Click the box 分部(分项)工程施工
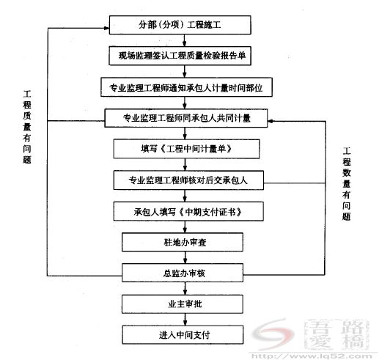pyautogui.click(x=180, y=25)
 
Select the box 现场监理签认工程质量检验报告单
pyautogui.click(x=180, y=56)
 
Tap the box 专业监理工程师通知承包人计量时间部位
pyautogui.click(x=186, y=87)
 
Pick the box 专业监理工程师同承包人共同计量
pyautogui.click(x=186, y=118)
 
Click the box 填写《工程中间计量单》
pyautogui.click(x=186, y=149)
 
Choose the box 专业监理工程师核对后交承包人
pyautogui.click(x=188, y=180)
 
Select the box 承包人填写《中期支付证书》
pyautogui.click(x=188, y=211)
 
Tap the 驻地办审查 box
pyautogui.click(x=183, y=242)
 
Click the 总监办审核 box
pyautogui.click(x=183, y=273)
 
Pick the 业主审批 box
pyautogui.click(x=183, y=304)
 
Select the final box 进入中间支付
pyautogui.click(x=183, y=334)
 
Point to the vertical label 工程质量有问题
pyautogui.click(x=27, y=127)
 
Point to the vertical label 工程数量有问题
pyautogui.click(x=346, y=184)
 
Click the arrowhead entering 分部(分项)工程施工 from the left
pyautogui.click(x=106, y=28)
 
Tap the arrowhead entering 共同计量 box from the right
pyautogui.click(x=271, y=121)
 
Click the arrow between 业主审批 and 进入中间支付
pyautogui.click(x=185, y=320)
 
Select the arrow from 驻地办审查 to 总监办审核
pyautogui.click(x=185, y=257)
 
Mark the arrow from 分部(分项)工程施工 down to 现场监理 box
pyautogui.click(x=185, y=40)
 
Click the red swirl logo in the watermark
pyautogui.click(x=273, y=334)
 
